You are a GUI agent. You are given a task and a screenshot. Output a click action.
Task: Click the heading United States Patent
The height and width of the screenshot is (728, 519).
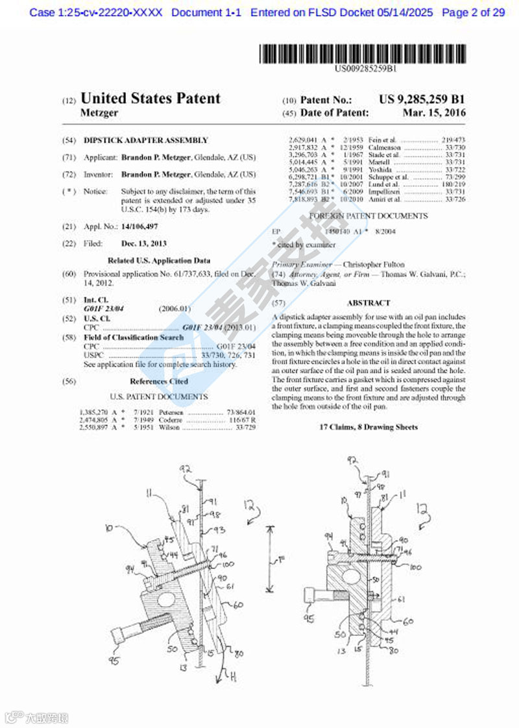coord(150,99)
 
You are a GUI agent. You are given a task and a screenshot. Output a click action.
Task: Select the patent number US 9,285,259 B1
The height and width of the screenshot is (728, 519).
coord(422,100)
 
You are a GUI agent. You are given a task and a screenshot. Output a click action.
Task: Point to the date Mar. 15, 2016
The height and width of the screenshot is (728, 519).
coord(434,113)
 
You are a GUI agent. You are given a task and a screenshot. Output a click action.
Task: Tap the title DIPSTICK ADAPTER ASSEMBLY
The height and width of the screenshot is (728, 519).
coord(146,140)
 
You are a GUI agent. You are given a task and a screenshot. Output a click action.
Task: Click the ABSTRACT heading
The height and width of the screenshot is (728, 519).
coord(368,303)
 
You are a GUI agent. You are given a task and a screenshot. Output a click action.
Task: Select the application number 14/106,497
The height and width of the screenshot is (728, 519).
coord(139,226)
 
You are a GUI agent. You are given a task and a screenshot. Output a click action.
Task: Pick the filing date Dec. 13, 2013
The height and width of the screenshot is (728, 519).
coord(144,243)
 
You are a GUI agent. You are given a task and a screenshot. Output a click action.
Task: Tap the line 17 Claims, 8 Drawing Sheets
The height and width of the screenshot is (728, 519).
coord(368,427)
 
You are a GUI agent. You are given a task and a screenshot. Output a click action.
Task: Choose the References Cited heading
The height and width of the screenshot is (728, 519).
coord(159,382)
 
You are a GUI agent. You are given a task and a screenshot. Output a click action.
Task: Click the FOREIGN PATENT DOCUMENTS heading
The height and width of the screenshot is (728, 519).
coord(368,216)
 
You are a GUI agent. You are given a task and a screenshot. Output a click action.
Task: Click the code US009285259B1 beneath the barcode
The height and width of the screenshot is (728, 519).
coord(367,67)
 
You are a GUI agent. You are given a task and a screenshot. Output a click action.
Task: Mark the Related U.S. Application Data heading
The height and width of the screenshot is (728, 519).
coord(159,261)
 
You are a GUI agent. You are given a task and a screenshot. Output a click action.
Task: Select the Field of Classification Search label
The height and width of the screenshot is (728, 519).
coord(134,337)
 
